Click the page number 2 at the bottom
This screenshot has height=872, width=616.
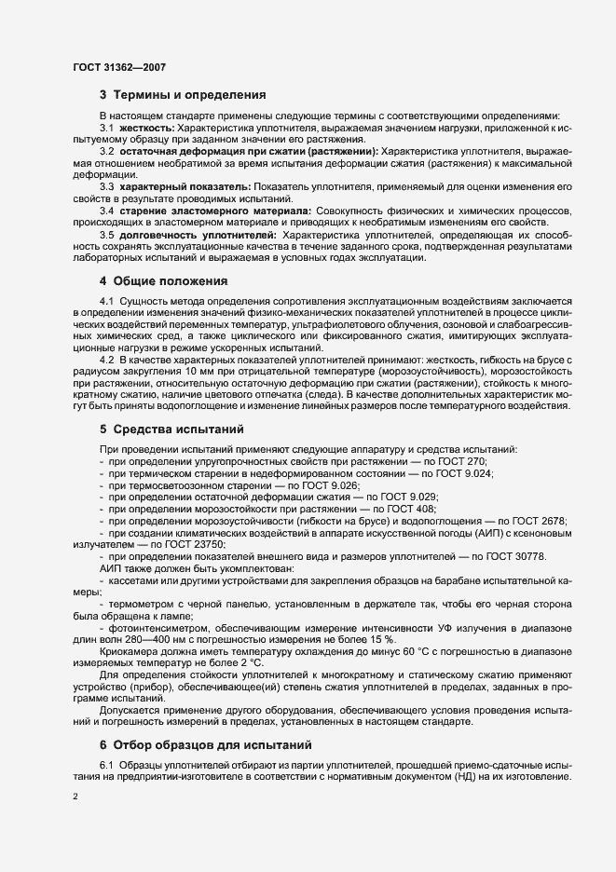click(x=75, y=798)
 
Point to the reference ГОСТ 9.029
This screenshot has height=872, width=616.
click(x=412, y=497)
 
